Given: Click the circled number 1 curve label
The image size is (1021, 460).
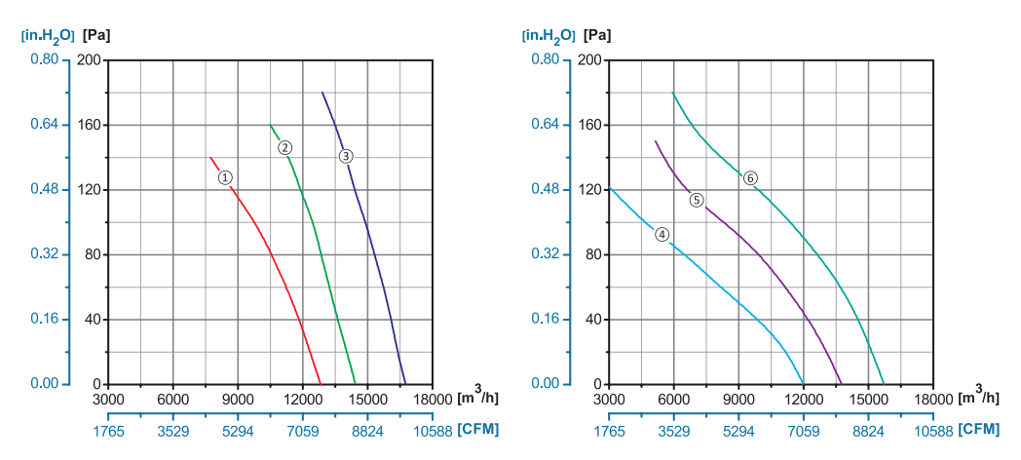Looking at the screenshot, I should [225, 177].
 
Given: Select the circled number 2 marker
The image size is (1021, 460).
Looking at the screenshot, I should [284, 148].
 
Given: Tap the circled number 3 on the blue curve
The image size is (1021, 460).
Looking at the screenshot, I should [346, 156].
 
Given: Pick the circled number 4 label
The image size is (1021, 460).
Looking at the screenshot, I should [662, 234].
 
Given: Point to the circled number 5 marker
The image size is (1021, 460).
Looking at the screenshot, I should [697, 200].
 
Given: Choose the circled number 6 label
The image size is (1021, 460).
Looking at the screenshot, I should [750, 178].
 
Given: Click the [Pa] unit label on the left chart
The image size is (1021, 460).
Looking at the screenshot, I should [96, 35].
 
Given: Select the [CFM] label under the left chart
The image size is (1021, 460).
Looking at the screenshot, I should [478, 429].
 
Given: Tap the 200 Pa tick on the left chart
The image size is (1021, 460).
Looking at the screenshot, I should [91, 59].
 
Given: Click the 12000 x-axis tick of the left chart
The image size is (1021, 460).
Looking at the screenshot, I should [302, 399].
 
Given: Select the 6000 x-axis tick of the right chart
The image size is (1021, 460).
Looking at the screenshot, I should [674, 399].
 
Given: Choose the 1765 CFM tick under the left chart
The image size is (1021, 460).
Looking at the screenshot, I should [108, 430].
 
